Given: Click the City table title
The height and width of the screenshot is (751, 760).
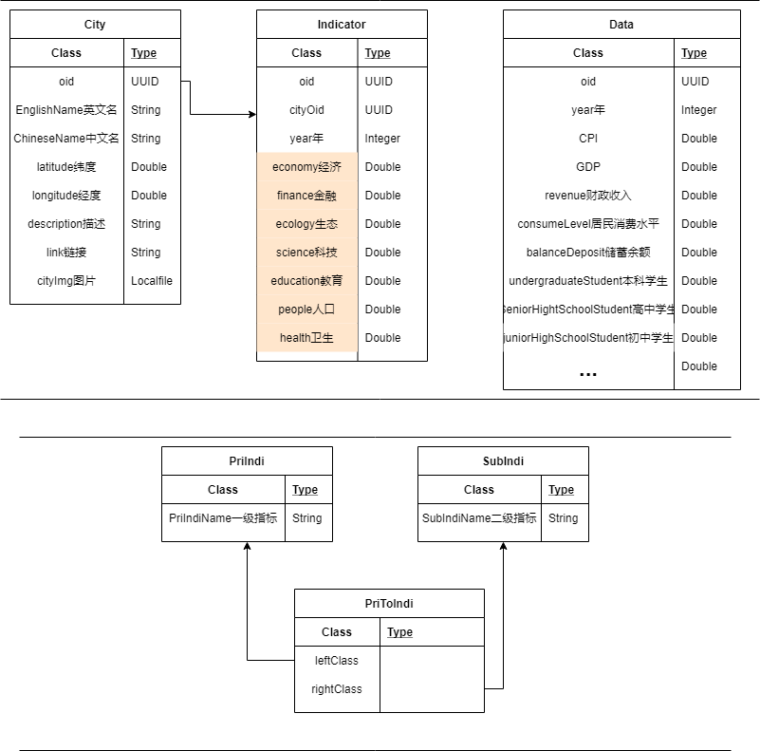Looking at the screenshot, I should [95, 24].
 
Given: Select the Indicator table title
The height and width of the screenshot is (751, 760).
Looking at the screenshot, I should [342, 24].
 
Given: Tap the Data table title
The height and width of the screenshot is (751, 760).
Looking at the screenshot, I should [621, 24].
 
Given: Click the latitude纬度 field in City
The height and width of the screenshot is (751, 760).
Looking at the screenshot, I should [66, 167].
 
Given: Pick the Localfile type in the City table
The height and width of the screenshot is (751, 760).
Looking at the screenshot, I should [152, 281].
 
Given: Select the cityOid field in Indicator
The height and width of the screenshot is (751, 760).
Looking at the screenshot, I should [306, 110].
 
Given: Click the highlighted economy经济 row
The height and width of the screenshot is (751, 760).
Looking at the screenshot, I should [306, 167].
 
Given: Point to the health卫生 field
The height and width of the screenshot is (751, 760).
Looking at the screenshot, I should [306, 338].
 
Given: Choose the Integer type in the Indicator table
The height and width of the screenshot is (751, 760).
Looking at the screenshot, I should [382, 139].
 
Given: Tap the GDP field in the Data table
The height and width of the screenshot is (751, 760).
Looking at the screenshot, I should [588, 167].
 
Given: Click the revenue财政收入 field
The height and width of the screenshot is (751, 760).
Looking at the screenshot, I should [588, 196].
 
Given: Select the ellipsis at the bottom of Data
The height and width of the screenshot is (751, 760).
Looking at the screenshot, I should [588, 373].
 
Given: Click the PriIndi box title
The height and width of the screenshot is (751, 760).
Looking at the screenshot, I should [247, 461].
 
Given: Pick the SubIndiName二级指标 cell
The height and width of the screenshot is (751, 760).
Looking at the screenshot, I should [479, 518].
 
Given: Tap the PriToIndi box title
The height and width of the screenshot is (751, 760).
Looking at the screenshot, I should [389, 604].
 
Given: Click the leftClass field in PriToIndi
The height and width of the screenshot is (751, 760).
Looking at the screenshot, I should [337, 661].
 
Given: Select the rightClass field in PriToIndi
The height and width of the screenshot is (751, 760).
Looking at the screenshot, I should [337, 689].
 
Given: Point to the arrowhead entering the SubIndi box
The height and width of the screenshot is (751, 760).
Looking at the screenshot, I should [503, 548].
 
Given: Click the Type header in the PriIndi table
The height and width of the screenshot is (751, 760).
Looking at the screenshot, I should [306, 490].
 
